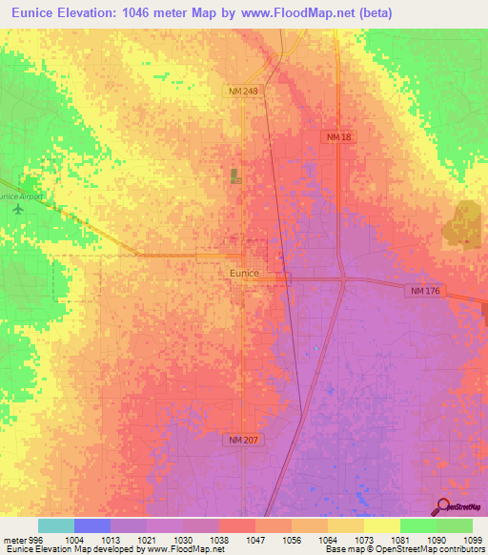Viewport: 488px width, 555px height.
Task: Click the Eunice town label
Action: pyautogui.click(x=244, y=273)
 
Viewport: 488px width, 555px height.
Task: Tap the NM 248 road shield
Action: pyautogui.click(x=241, y=91)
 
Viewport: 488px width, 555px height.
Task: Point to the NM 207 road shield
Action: pyautogui.click(x=244, y=440)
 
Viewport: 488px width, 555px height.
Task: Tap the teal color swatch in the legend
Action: pyautogui.click(x=56, y=525)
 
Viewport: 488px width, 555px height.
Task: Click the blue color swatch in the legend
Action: pyautogui.click(x=92, y=525)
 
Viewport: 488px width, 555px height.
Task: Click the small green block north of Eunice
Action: pyautogui.click(x=234, y=175)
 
